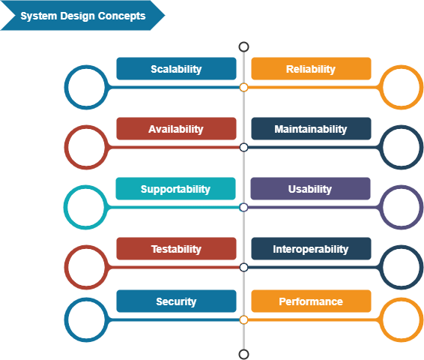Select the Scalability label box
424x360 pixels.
tap(176, 69)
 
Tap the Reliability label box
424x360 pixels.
tap(311, 69)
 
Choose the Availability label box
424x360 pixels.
tap(176, 129)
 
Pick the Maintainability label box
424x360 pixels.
tap(311, 129)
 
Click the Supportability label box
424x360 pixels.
tap(176, 189)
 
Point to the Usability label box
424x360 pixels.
tap(311, 189)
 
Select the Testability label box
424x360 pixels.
tap(176, 249)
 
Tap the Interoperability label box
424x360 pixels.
tap(311, 249)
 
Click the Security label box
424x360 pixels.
tap(176, 301)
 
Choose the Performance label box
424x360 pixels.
tap(311, 301)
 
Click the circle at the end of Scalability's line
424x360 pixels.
tap(87, 88)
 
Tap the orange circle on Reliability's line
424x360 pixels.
tap(402, 88)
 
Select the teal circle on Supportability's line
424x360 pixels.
tap(85, 207)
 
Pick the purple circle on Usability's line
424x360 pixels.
tap(402, 207)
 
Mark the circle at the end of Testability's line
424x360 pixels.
tap(86, 267)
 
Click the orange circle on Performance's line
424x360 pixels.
tap(402, 319)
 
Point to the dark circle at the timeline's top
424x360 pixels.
tap(243, 46)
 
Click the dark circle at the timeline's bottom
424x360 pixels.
tap(243, 353)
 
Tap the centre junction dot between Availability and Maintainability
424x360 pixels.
tap(243, 148)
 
